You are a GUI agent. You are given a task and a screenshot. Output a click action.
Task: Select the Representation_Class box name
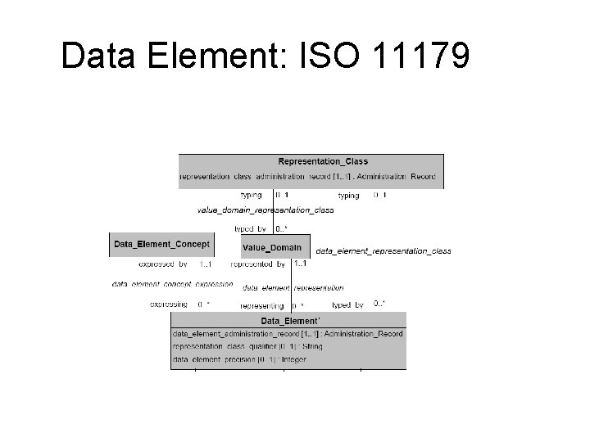(323, 161)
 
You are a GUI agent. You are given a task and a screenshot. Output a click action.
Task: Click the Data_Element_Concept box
(161, 244)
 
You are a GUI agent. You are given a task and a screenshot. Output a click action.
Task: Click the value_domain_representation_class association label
(265, 210)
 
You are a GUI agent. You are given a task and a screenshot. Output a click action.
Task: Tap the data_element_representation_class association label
(383, 250)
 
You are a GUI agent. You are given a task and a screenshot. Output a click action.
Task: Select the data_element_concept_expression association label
(172, 284)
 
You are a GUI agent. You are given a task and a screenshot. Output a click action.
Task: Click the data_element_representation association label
(293, 287)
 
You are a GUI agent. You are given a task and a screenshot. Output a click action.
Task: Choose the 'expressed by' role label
(163, 264)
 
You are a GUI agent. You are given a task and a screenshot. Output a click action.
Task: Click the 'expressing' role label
(169, 304)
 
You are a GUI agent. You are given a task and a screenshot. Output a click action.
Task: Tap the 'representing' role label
(262, 305)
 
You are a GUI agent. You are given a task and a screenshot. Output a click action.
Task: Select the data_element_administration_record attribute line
(288, 334)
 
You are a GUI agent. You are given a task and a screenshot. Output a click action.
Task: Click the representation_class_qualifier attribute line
(247, 347)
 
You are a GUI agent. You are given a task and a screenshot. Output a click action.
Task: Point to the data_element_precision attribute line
(239, 360)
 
